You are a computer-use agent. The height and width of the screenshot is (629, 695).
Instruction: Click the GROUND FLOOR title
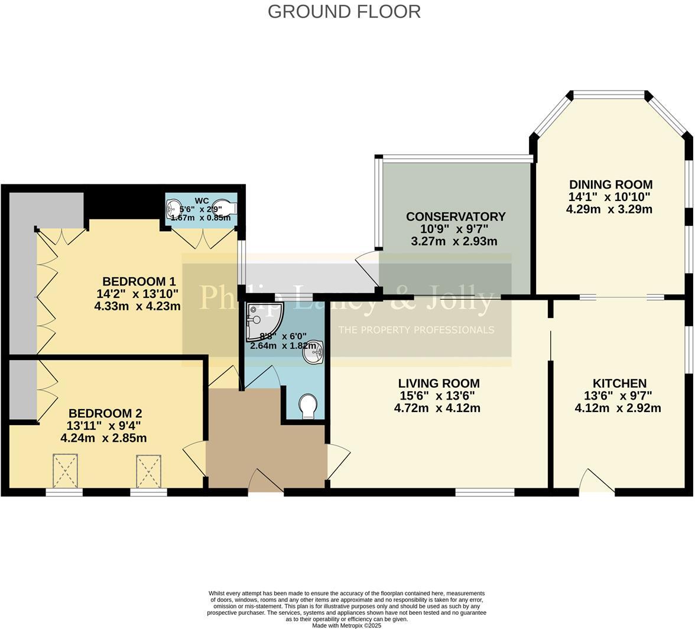(344, 11)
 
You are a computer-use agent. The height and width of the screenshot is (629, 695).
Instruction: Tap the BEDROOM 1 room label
(139, 281)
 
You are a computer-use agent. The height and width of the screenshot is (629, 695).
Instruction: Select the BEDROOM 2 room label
(105, 414)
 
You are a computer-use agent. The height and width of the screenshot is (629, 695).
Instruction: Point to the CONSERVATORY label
(455, 217)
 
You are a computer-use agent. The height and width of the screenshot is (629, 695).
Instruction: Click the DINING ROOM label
(610, 184)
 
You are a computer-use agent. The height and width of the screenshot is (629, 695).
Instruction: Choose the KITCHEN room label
(619, 384)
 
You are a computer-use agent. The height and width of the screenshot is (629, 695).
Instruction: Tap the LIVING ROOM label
(439, 384)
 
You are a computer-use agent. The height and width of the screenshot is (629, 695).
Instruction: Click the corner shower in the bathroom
(262, 320)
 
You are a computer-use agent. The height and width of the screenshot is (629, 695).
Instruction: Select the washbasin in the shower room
(313, 353)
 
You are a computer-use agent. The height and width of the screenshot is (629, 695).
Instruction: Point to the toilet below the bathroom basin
(307, 407)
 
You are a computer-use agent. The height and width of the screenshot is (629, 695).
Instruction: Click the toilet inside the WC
(225, 208)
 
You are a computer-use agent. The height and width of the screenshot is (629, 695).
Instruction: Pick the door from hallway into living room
(338, 460)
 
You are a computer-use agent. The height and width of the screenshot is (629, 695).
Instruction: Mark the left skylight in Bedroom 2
(65, 470)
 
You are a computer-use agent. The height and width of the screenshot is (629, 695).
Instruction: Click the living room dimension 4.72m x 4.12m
(437, 408)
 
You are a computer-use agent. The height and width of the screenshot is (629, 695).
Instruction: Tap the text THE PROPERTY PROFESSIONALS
(415, 329)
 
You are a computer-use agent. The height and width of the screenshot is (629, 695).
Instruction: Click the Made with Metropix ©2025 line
(346, 625)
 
